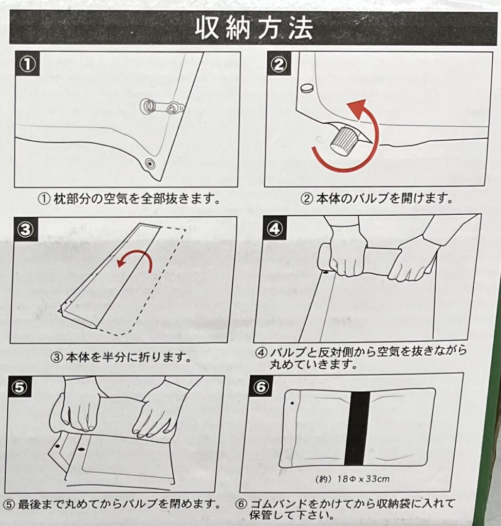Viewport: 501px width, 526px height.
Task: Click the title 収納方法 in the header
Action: tap(254, 28)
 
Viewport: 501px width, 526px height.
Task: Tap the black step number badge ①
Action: tap(28, 64)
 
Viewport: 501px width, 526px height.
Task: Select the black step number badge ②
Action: tap(279, 64)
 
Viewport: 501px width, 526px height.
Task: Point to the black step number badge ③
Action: tap(26, 230)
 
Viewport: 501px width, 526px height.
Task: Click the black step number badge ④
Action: tap(275, 229)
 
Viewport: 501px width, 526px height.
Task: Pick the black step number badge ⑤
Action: tap(20, 387)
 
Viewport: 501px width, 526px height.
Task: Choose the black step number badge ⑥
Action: tap(262, 386)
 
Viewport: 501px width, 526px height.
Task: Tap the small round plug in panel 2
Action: tap(307, 88)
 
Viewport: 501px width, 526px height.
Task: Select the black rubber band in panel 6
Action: tap(358, 428)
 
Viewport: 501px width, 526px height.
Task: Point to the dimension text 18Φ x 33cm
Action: tap(364, 479)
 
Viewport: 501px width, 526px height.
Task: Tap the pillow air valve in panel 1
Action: tap(162, 107)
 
